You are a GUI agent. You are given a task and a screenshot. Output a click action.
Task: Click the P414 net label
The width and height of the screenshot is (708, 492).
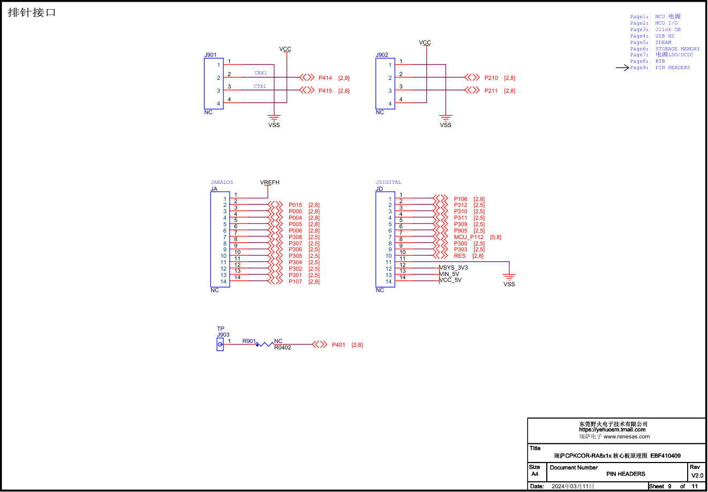(325, 78)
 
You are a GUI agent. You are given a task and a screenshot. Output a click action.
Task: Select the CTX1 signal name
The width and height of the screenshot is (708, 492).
(260, 86)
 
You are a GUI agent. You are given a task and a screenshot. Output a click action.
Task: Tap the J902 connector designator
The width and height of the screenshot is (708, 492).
(382, 55)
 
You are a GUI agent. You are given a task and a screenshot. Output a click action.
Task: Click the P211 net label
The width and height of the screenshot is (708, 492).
(491, 91)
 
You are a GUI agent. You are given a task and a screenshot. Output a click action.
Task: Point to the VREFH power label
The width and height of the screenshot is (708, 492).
(269, 182)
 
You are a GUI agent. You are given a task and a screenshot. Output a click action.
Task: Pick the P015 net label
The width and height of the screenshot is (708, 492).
(295, 205)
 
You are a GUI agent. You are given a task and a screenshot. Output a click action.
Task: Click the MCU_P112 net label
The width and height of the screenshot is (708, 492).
(469, 237)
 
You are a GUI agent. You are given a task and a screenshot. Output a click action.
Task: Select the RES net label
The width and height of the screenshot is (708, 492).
(460, 256)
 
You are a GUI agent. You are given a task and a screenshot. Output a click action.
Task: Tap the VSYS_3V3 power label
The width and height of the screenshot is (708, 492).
(454, 267)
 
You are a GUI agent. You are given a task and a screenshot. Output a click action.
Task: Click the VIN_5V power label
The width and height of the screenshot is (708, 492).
(449, 274)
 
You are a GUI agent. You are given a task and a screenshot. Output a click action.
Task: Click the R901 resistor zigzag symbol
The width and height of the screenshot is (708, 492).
(265, 344)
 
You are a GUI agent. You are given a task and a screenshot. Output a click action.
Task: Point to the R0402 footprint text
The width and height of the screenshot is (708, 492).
(283, 347)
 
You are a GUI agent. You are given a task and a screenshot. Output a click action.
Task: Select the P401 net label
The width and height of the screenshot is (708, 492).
(338, 345)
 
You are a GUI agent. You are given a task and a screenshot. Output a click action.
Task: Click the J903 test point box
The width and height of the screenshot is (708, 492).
(220, 344)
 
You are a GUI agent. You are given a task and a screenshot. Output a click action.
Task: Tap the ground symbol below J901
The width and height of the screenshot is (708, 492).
(274, 117)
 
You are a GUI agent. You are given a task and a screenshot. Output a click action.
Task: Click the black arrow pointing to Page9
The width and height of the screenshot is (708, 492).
(622, 68)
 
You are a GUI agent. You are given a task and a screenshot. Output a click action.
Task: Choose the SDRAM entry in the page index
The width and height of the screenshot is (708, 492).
(663, 42)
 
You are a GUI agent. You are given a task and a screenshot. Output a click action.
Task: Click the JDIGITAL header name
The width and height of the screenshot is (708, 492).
(388, 182)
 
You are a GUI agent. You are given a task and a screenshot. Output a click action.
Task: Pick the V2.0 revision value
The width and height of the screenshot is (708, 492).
(697, 475)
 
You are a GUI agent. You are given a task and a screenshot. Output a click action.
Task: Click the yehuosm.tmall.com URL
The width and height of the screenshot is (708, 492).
(612, 430)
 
